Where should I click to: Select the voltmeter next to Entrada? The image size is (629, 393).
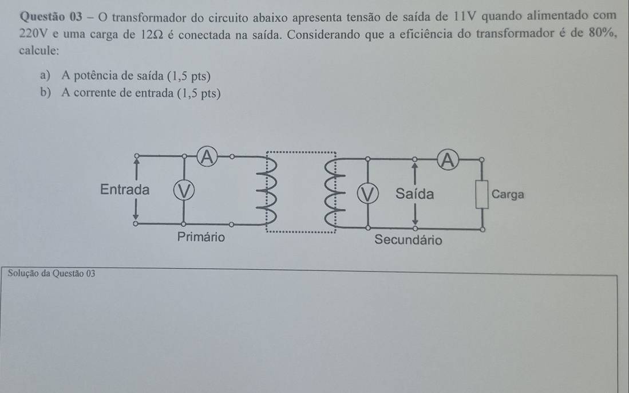(x=184, y=189)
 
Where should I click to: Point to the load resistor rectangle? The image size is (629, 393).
(x=482, y=195)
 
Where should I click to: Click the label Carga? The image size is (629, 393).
(x=508, y=194)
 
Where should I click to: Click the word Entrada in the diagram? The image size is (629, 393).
(x=124, y=189)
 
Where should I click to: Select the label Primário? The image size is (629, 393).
(x=201, y=237)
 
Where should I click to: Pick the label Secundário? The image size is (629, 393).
(x=408, y=240)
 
